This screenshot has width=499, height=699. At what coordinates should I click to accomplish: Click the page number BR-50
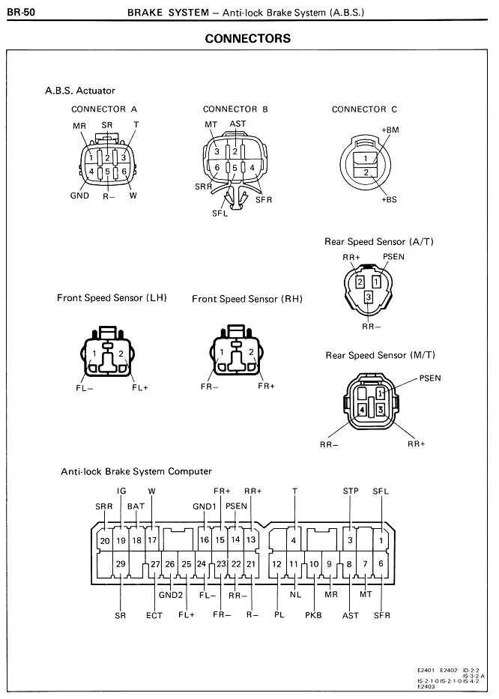21,12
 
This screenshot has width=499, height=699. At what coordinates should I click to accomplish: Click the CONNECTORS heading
247,39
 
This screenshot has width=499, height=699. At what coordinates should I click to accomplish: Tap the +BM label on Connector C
390,130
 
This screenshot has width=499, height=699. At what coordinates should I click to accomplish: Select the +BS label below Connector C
389,199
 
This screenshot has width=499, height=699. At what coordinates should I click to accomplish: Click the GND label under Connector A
80,196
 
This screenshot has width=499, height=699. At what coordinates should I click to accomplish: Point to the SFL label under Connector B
220,213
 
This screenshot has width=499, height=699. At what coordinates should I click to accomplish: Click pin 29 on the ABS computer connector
121,563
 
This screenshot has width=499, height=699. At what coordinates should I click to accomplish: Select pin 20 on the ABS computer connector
105,541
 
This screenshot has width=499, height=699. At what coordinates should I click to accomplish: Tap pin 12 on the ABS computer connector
277,564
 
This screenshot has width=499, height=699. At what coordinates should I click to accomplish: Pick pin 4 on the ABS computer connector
294,540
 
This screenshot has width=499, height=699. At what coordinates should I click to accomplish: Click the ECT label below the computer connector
154,616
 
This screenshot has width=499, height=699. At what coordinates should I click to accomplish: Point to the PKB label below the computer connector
313,615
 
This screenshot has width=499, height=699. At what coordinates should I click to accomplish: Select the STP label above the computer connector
351,491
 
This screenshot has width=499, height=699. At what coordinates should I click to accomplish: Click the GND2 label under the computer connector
171,595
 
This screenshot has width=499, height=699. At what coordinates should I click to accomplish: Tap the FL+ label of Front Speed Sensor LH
139,387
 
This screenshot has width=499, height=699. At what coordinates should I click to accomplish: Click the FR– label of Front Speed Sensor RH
210,387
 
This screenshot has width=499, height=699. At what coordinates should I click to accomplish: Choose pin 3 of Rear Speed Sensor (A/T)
369,297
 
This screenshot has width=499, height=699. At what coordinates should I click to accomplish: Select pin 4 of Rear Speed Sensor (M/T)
362,409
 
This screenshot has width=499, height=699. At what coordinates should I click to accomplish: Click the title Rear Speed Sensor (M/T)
380,355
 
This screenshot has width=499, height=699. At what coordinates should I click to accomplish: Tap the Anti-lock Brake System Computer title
136,471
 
